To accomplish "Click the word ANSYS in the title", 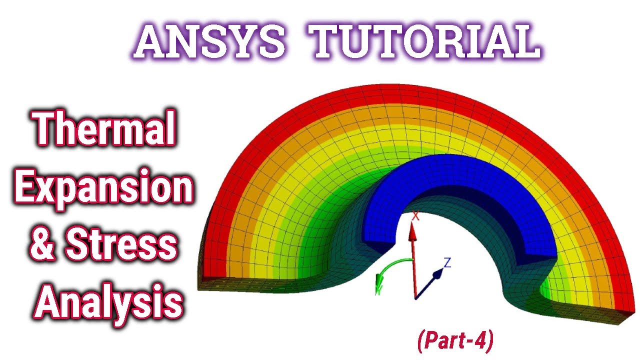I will click(210, 41).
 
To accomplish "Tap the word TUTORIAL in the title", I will click(425, 41).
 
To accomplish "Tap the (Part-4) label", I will click(455, 340).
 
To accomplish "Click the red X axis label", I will click(415, 216).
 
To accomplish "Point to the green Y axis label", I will click(378, 290).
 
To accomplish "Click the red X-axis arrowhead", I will click(412, 230).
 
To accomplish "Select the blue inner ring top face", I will click(450, 175).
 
